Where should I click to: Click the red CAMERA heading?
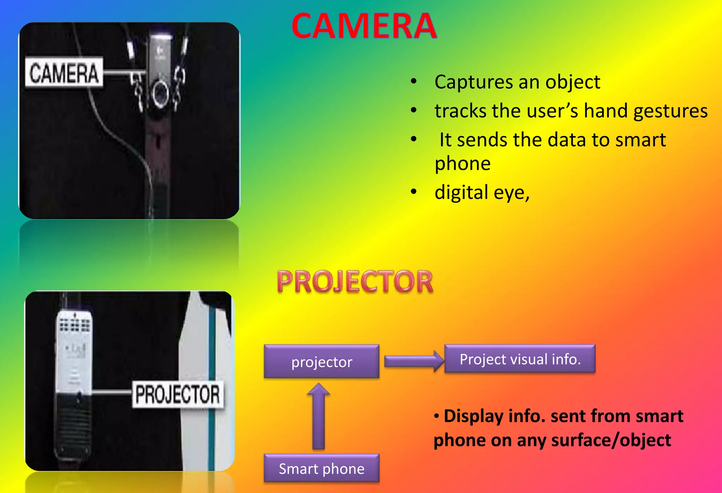point(364,26)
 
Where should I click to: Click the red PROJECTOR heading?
point(355,282)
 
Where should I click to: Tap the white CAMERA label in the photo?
point(64,73)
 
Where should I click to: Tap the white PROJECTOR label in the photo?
point(178,394)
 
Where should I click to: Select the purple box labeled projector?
point(322,362)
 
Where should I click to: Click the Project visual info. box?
point(520,359)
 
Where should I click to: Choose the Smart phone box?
point(322,468)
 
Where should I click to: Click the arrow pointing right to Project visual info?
point(414,361)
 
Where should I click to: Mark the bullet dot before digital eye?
point(414,192)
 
